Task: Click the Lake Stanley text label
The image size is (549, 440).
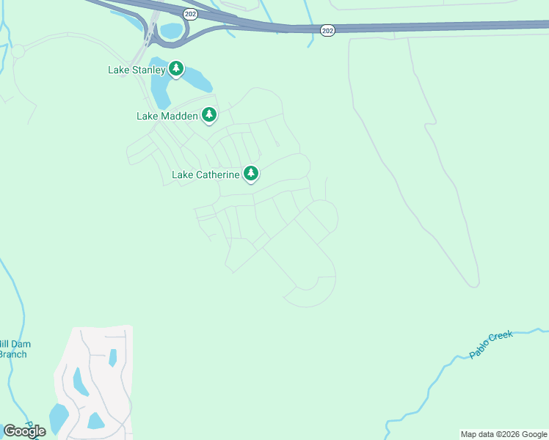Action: tap(137, 70)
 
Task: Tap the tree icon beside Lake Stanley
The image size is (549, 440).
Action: tap(175, 69)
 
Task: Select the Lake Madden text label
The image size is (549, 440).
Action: tap(167, 116)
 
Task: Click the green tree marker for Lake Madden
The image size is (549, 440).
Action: tap(209, 114)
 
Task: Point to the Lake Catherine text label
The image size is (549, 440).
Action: tap(206, 175)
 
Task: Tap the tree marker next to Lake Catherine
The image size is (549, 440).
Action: tap(251, 173)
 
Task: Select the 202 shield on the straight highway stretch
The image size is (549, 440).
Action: tap(327, 30)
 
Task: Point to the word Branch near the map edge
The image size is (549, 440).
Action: tap(12, 355)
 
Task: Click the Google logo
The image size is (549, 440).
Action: tap(24, 431)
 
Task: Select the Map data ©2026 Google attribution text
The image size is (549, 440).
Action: tap(504, 434)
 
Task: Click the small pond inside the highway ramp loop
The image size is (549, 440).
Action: tap(170, 31)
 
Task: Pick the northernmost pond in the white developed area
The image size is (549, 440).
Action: tap(112, 358)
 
